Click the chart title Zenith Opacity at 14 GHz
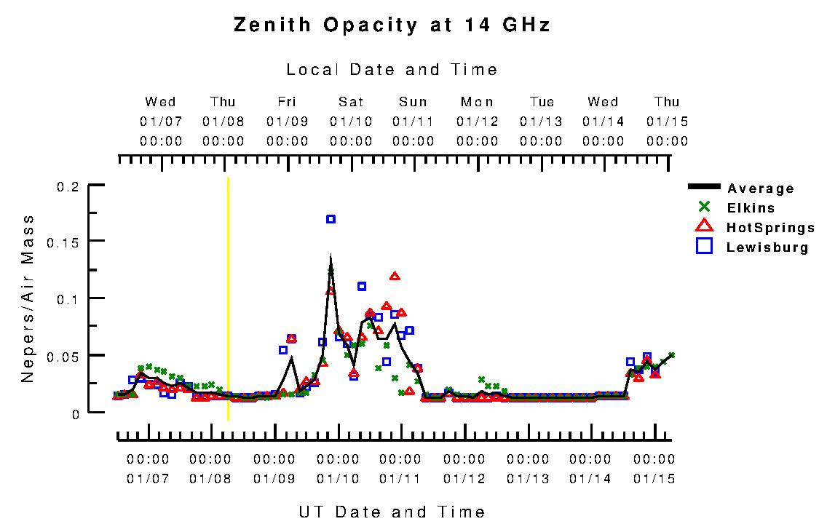(392, 25)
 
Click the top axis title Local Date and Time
(392, 70)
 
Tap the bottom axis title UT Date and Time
(392, 512)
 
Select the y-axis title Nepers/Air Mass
(28, 298)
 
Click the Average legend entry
(761, 188)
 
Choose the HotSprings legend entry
(770, 228)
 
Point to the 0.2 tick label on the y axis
(67, 186)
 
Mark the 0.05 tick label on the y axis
(63, 356)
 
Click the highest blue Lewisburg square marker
(331, 219)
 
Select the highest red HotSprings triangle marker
(395, 277)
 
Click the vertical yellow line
(229, 298)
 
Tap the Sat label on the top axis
(351, 102)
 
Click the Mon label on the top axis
(478, 102)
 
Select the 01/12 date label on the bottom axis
(464, 479)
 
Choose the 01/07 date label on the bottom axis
(148, 479)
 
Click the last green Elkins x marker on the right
(671, 355)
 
